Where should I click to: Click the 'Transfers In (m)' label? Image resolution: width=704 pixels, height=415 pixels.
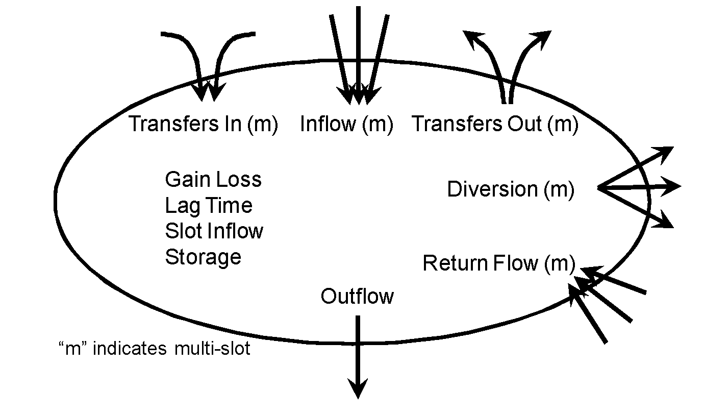tap(203, 124)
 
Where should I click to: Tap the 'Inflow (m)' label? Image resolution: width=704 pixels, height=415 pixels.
tap(346, 124)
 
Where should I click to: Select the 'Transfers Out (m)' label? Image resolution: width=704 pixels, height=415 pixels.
tap(495, 124)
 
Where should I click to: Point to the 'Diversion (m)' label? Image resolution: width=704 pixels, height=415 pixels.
tap(510, 189)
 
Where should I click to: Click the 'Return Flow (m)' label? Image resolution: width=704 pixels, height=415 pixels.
tap(498, 263)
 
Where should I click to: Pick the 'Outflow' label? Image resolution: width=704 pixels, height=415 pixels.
tap(357, 297)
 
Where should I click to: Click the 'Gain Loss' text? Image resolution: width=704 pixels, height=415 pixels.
tap(213, 179)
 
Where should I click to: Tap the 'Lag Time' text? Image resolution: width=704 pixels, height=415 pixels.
tap(209, 205)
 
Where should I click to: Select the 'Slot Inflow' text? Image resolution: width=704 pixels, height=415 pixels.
tap(214, 231)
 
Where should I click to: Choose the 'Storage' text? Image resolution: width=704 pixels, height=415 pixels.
tap(203, 257)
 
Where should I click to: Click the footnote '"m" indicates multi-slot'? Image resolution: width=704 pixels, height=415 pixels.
tap(155, 349)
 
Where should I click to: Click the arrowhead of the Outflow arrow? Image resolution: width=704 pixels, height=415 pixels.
tap(358, 390)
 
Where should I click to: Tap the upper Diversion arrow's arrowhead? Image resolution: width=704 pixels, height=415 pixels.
tap(666, 151)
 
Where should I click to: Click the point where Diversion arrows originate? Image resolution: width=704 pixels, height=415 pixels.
tap(598, 188)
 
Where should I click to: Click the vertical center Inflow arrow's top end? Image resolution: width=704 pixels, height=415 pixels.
tap(358, 8)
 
